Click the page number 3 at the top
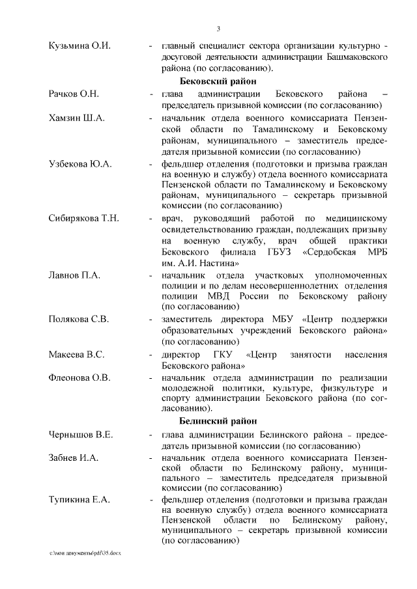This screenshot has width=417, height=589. pos(218,28)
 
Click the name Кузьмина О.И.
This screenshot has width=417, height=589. pos(79,47)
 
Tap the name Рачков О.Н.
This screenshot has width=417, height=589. pos(74,95)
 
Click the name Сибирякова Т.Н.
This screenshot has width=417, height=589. pos(84,218)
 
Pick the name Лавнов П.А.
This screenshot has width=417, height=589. pos(74,275)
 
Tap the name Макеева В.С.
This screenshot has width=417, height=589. pos(76,355)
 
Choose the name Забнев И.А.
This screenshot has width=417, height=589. pos(74,458)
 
